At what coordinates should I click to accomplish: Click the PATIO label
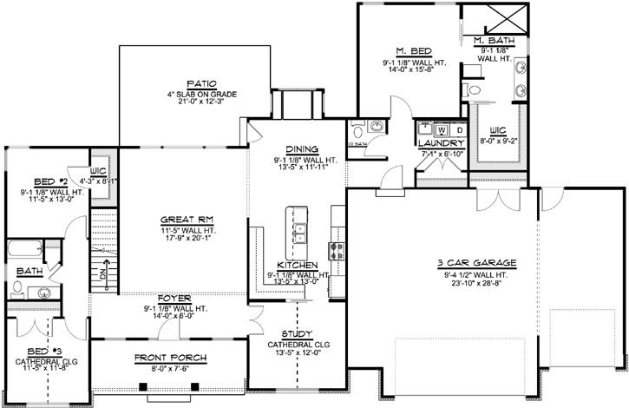(x=183, y=83)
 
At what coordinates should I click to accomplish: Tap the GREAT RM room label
(x=182, y=219)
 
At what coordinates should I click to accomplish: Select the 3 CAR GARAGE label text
(x=478, y=262)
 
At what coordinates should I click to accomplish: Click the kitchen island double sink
(x=301, y=233)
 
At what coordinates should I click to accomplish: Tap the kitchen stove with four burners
(x=337, y=251)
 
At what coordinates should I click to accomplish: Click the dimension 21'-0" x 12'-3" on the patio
(x=183, y=102)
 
